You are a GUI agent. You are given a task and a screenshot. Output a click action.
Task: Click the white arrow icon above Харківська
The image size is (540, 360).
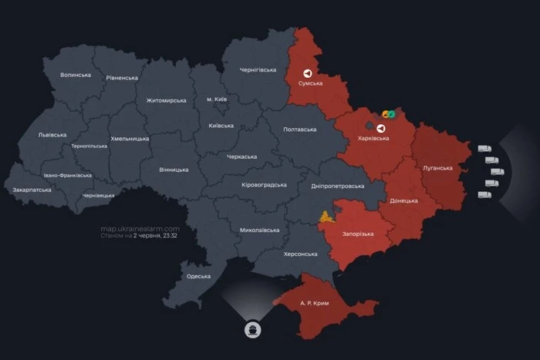tap(380, 127)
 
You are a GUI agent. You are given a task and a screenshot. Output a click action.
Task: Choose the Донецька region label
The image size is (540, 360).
tap(403, 200)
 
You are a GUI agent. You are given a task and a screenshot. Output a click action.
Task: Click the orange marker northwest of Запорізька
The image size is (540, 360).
tap(326, 215)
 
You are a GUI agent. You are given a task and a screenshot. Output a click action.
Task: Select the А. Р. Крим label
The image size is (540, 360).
tap(314, 303)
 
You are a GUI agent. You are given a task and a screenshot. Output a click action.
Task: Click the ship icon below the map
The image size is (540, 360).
tap(254, 330)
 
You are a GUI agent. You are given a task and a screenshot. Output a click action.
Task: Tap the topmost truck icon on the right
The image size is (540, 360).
tap(484, 149)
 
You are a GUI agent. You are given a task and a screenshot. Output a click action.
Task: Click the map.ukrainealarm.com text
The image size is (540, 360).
tap(140, 229)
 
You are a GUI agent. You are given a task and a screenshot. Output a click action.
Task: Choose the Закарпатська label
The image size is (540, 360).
tap(32, 190)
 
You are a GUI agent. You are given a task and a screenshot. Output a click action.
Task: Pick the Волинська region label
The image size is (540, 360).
tap(76, 75)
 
